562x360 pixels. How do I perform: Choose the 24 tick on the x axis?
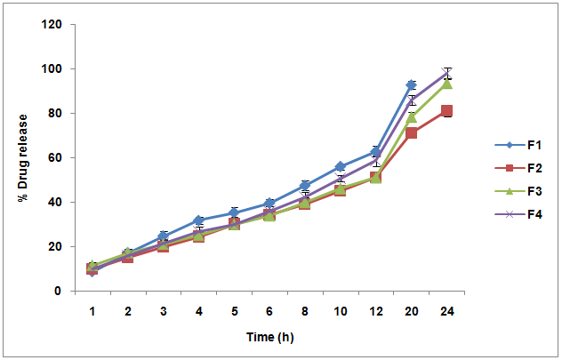446,309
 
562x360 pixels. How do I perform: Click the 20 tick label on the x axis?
411,309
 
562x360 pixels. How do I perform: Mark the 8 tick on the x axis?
305,309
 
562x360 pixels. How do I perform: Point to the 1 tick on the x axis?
92,309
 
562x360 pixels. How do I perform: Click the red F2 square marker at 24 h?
446,111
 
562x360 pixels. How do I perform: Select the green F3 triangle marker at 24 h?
446,84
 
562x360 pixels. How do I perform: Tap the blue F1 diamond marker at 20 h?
411,85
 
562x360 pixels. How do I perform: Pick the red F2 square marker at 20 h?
411,132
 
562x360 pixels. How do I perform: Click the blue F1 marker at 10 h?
340,166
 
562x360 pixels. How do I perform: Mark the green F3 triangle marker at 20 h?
411,117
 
